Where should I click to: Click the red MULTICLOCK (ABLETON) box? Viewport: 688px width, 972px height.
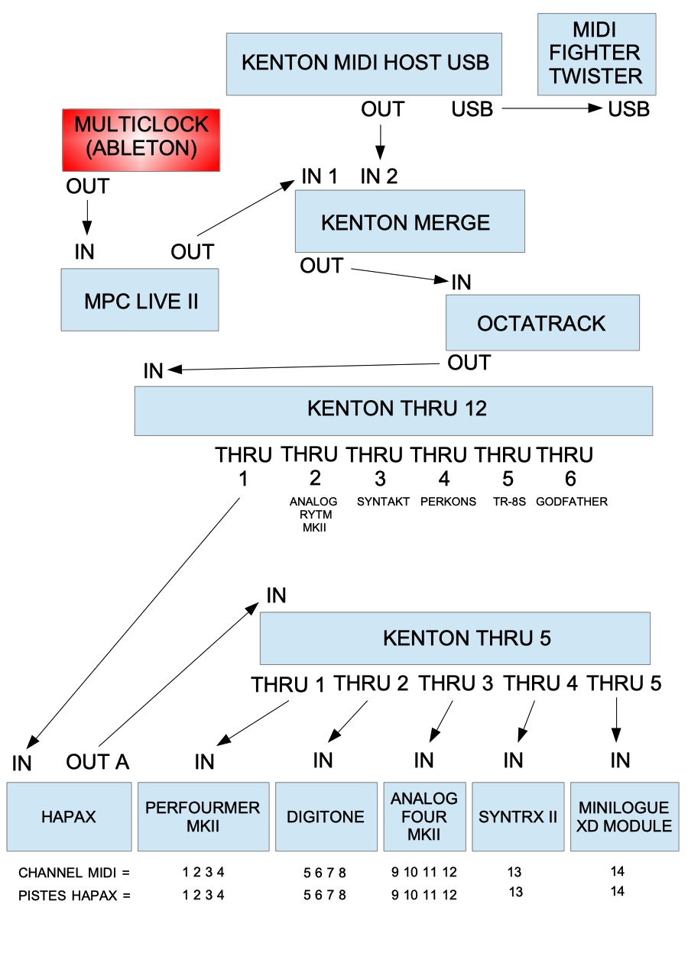141,140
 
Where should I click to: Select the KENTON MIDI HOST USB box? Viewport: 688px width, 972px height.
364,63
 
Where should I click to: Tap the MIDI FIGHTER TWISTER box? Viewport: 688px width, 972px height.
596,53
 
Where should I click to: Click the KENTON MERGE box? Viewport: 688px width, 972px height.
410,221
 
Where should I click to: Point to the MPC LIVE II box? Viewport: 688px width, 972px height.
140,299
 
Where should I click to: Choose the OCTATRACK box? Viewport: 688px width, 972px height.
542,323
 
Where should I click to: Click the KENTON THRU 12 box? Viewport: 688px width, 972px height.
393,410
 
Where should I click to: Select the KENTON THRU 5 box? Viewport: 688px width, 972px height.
455,638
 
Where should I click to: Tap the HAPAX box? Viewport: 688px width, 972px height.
69,816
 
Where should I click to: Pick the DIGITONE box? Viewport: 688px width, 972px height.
326,816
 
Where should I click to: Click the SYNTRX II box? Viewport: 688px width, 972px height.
518,816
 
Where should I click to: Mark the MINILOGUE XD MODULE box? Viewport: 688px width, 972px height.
624,816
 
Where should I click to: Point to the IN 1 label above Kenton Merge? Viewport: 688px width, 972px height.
320,176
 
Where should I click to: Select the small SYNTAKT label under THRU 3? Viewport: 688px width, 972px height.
383,502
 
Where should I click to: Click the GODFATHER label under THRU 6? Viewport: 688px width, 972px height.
572,502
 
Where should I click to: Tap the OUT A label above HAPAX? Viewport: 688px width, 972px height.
98,761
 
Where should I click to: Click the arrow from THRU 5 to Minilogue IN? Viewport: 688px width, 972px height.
617,719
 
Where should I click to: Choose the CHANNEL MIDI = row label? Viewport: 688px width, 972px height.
74,872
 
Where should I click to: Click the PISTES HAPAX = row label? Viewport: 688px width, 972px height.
74,895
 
